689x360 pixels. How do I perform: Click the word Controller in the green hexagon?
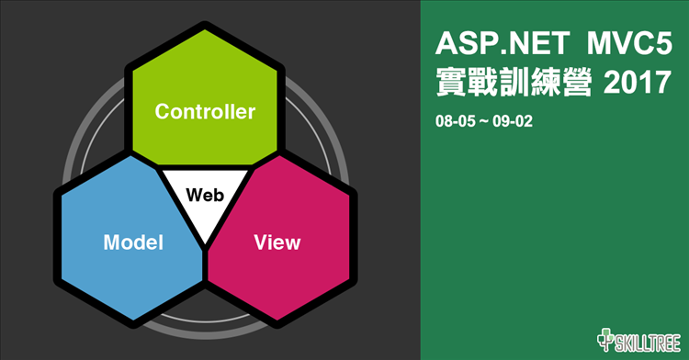pyautogui.click(x=204, y=112)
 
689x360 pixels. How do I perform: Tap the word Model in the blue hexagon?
pyautogui.click(x=133, y=242)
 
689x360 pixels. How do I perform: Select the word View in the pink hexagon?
pyautogui.click(x=277, y=242)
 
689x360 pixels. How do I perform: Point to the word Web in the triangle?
pyautogui.click(x=204, y=195)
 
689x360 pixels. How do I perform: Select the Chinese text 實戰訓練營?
pyautogui.click(x=514, y=84)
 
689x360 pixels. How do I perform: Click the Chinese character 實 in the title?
pyautogui.click(x=451, y=84)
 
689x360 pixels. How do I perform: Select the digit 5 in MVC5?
pyautogui.click(x=663, y=44)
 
